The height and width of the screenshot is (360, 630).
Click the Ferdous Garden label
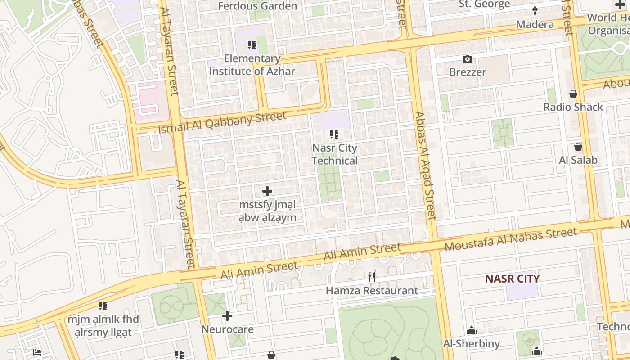coord(257,6)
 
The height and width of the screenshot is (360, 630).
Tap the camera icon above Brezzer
coord(468,59)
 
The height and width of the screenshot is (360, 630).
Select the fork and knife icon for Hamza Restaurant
coord(372,277)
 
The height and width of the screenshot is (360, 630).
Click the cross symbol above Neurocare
coord(227,316)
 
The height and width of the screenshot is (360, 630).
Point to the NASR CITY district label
coord(512,279)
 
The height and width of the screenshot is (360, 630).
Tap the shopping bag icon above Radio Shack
coord(573,94)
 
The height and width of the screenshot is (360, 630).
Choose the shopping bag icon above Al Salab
coord(578,147)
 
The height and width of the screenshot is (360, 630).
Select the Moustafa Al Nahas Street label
coord(511,240)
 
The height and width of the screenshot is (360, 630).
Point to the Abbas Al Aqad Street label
coord(425,166)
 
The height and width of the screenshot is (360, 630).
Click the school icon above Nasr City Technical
coord(334,135)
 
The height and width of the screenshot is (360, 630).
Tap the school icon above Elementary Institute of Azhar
coord(252,45)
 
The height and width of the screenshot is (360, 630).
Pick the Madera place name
coord(535,24)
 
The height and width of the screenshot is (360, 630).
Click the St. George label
coord(484,4)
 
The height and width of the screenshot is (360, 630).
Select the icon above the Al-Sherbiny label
coord(472,331)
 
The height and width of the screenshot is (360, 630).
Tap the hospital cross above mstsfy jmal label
coord(267,191)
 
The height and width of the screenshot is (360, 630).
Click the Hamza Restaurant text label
coord(372,291)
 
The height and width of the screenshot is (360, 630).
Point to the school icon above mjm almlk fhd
coord(103,306)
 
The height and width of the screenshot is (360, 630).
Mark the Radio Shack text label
coord(573,107)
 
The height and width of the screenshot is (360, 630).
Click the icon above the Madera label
coord(535,11)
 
